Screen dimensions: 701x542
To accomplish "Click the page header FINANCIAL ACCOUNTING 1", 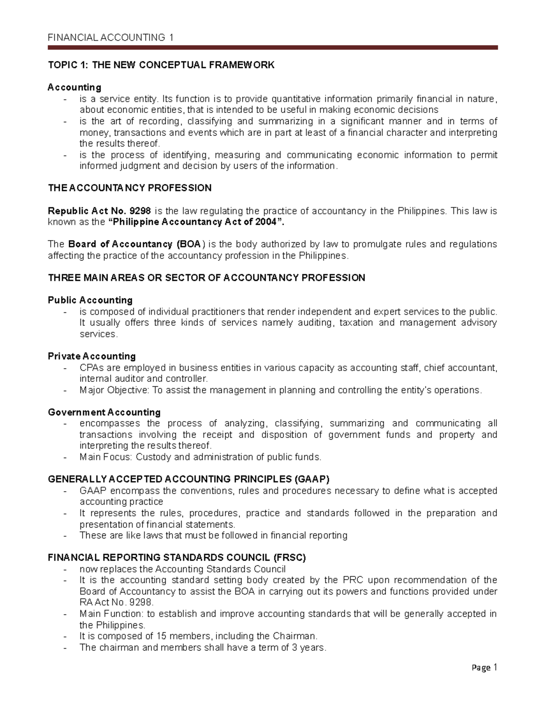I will pyautogui.click(x=111, y=37).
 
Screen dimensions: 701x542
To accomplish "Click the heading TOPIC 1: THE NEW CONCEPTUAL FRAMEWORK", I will pyautogui.click(x=161, y=65).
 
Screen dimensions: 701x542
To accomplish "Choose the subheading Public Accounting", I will pyautogui.click(x=90, y=300).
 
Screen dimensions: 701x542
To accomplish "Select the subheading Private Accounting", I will pyautogui.click(x=92, y=356).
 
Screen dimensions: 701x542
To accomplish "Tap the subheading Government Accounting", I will pyautogui.click(x=104, y=412).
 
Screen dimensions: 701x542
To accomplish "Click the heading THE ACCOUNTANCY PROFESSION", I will pyautogui.click(x=130, y=188).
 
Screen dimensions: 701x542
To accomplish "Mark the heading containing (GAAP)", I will pyautogui.click(x=189, y=479).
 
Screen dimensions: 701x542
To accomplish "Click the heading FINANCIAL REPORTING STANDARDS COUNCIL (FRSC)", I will pyautogui.click(x=177, y=557).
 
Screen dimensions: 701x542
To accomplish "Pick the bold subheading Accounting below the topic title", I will pyautogui.click(x=74, y=87).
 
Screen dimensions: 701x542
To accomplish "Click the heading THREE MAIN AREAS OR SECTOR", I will pyautogui.click(x=206, y=278).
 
